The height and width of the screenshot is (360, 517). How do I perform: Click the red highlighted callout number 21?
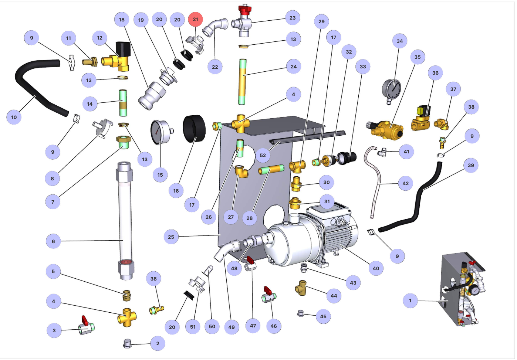pos(195,19)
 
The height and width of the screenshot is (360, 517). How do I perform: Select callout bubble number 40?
pos(376,268)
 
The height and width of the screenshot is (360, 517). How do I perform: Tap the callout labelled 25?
pos(171,237)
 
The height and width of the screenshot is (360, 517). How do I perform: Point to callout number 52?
pos(263,155)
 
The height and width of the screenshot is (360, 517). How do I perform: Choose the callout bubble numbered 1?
pos(410,300)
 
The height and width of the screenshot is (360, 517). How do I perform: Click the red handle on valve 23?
pos(244,9)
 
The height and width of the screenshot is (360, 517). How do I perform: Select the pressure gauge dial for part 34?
pos(392,89)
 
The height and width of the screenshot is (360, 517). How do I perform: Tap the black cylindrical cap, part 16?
pos(194,128)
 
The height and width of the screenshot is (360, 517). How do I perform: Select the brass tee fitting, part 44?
pos(301,288)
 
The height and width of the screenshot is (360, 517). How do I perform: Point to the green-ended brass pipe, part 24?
pos(242,81)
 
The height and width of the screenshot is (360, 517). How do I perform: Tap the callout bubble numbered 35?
pos(418,57)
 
